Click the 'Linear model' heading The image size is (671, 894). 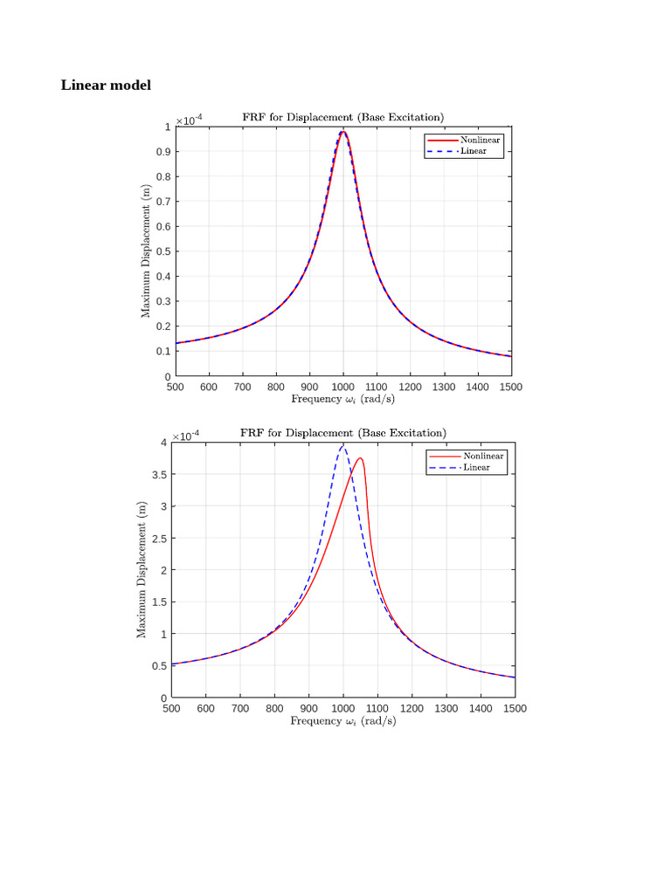[106, 85]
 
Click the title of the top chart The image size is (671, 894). [342, 117]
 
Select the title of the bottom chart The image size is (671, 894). [344, 432]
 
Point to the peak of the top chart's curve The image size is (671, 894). [343, 132]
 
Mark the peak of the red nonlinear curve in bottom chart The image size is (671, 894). [359, 458]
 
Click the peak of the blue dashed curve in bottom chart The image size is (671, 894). [342, 445]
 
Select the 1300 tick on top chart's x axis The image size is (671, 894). [444, 387]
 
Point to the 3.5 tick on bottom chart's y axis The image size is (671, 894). [158, 475]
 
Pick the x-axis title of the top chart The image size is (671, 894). [342, 399]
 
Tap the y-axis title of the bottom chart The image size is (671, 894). [142, 569]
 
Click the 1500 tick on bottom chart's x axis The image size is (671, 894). [514, 709]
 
